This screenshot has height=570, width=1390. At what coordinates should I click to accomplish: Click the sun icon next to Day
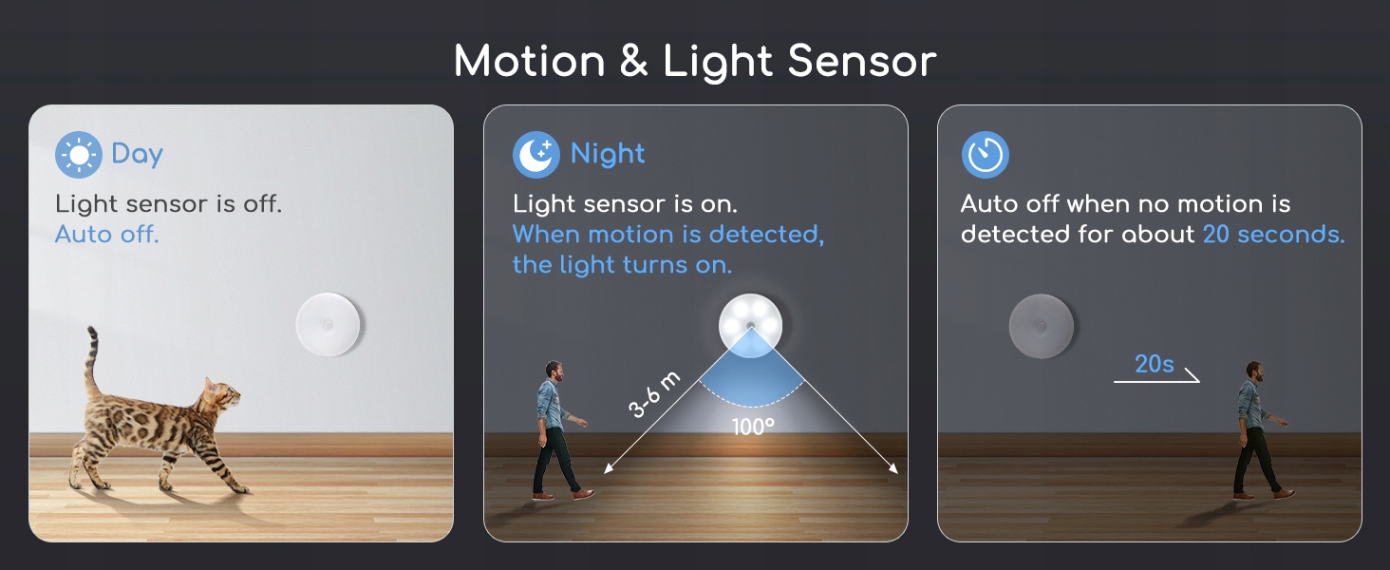[x=78, y=155]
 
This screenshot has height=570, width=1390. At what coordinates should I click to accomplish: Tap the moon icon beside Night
[x=536, y=155]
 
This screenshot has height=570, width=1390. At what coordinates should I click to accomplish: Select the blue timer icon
[x=986, y=155]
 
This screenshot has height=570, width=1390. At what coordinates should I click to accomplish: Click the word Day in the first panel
[x=137, y=154]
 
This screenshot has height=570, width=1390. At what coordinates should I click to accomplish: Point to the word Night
[x=608, y=154]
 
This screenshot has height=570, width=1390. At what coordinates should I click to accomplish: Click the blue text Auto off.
[x=106, y=234]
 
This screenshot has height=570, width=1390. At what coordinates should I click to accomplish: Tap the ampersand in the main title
[x=633, y=62]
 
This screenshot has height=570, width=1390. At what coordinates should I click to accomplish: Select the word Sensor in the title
[x=862, y=62]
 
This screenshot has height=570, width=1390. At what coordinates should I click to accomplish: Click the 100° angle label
[x=753, y=427]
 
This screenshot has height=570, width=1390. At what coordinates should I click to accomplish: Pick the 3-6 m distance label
[x=654, y=394]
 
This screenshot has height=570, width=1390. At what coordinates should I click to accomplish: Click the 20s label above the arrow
[x=1155, y=364]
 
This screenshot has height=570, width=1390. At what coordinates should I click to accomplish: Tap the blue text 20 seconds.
[x=1273, y=234]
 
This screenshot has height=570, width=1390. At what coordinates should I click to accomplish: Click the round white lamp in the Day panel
[x=328, y=325]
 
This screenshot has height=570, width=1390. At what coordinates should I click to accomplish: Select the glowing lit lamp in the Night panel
[x=751, y=325]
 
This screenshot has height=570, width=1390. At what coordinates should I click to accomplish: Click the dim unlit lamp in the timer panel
[x=1042, y=326]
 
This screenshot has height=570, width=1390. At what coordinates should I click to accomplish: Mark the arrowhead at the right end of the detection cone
[x=894, y=468]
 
